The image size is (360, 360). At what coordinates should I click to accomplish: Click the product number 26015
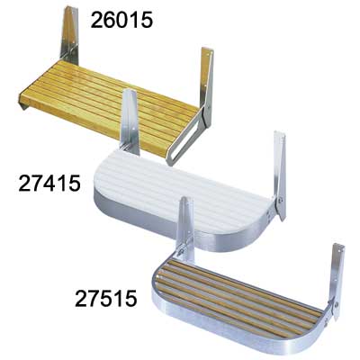(121, 20)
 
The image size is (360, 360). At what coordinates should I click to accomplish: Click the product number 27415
(49, 184)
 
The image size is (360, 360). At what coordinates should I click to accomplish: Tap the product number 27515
(106, 298)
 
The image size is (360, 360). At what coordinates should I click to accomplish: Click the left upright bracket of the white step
(130, 121)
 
